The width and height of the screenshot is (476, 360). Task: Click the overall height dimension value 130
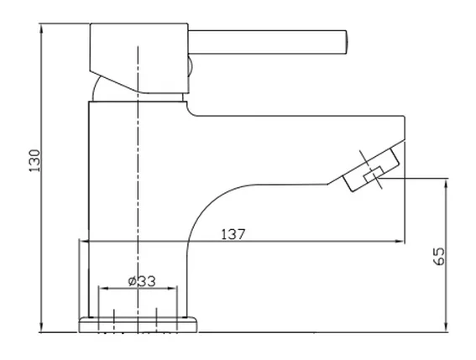34,161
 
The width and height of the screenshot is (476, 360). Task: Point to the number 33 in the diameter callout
146,282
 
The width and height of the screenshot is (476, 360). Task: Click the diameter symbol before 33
133,282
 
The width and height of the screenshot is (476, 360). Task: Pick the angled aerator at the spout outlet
367,173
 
